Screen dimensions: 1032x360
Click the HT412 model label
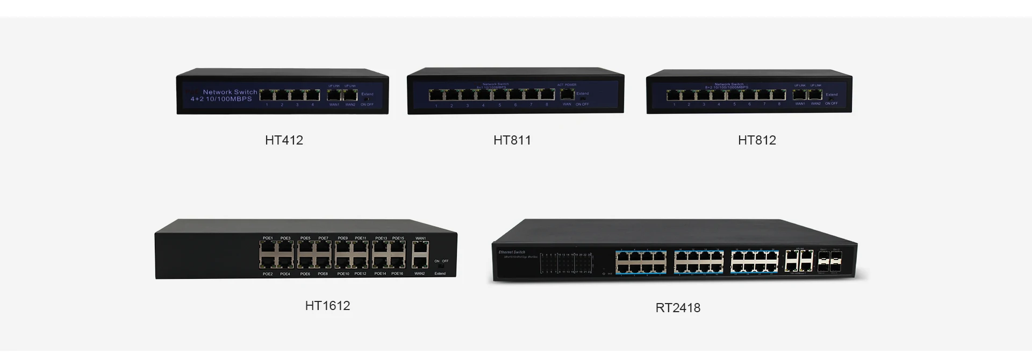coord(284,140)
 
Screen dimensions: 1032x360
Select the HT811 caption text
coord(512,140)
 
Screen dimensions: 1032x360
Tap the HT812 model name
coord(757,140)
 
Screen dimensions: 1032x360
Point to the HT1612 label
coord(327,306)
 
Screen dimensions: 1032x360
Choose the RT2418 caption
coord(678,308)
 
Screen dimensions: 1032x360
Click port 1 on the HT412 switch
coord(267,96)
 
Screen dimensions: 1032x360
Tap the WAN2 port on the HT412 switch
coord(350,96)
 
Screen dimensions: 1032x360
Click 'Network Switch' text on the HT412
coord(230,92)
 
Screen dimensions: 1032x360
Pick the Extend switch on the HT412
coord(367,99)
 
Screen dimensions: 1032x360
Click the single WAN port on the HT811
coord(567,95)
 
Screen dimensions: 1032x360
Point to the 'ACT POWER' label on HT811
coord(567,85)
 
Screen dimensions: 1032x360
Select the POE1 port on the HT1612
coord(268,247)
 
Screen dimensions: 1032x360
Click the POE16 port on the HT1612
coord(398,262)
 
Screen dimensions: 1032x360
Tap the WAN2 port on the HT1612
coord(420,262)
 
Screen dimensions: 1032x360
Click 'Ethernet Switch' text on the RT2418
coord(512,252)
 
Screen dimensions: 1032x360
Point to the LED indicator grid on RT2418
coord(567,263)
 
